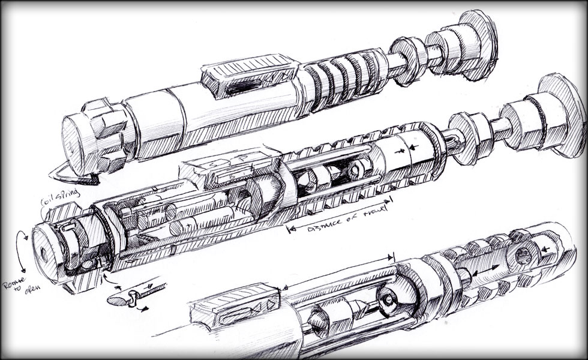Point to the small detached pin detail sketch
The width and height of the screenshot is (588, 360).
coord(129,295)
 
